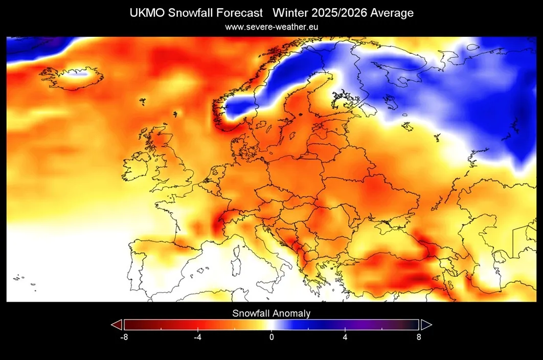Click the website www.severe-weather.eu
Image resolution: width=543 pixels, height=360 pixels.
271,27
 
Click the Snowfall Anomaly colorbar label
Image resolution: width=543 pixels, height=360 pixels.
271,313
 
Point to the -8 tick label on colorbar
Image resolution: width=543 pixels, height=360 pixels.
124,337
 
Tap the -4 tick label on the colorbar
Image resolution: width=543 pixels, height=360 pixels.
197,337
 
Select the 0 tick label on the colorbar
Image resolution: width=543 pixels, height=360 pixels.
271,337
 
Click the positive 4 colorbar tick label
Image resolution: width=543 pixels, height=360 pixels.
345,337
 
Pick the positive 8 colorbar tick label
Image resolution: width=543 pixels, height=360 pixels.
419,337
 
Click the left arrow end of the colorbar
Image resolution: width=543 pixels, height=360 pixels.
117,325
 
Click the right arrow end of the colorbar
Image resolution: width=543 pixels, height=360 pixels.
426,325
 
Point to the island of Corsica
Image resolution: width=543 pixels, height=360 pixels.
237,251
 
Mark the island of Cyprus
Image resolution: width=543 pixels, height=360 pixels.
416,297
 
